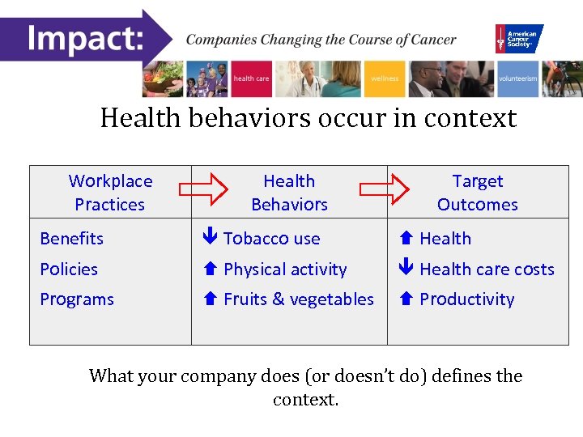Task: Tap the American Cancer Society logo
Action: pos(519,38)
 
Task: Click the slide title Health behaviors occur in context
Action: pos(308,118)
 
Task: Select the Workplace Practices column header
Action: pos(110,193)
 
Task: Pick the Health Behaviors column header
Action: pos(289,193)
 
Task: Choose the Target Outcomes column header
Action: pos(477,193)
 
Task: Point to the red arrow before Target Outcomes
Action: pos(385,190)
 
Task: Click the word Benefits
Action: pos(72,239)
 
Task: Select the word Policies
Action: pos(69,269)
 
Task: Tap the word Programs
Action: pos(77,299)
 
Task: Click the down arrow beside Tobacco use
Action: pos(211,239)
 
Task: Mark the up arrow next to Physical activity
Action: pos(211,269)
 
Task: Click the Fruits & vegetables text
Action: pos(299,299)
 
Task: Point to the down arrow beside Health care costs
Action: pos(406,269)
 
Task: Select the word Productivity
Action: pos(467,299)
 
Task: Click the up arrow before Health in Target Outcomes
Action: pos(406,239)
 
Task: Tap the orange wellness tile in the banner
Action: pos(385,79)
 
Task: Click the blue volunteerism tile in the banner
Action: pos(517,79)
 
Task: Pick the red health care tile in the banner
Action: pos(251,79)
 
